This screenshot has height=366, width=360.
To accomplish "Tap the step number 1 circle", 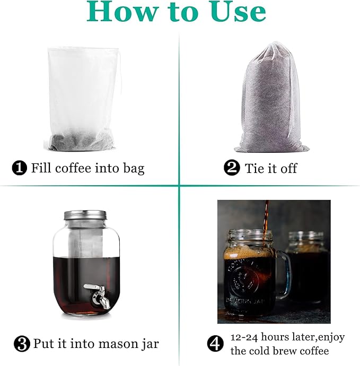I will click(x=19, y=169).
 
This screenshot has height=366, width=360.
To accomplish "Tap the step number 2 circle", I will click(x=232, y=169).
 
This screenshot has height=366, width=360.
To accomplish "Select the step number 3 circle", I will click(x=21, y=344).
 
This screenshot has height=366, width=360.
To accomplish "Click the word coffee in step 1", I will click(x=76, y=169).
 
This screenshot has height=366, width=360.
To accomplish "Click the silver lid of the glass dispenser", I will click(x=85, y=215).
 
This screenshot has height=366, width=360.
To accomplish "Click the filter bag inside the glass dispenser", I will click(x=85, y=241).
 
